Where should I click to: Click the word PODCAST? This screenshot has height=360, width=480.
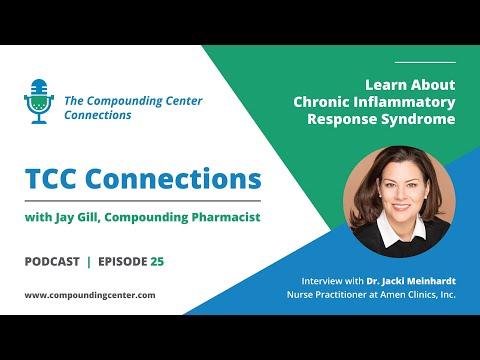(x=51, y=261)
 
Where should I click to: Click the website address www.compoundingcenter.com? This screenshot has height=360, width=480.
(x=89, y=295)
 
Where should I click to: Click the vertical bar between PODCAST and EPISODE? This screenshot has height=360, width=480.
(x=89, y=261)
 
